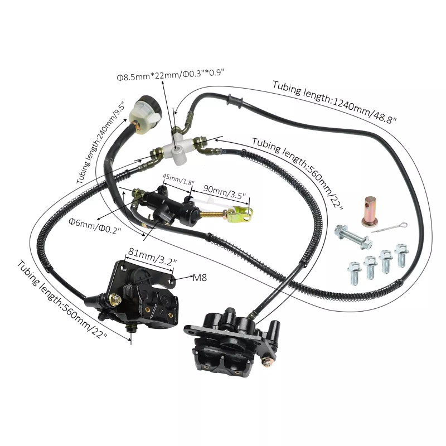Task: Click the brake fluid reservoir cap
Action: click(x=144, y=104)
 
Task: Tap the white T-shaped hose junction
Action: click(x=180, y=147)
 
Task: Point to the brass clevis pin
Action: click(x=371, y=211)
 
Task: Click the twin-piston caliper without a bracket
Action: click(x=229, y=340)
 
